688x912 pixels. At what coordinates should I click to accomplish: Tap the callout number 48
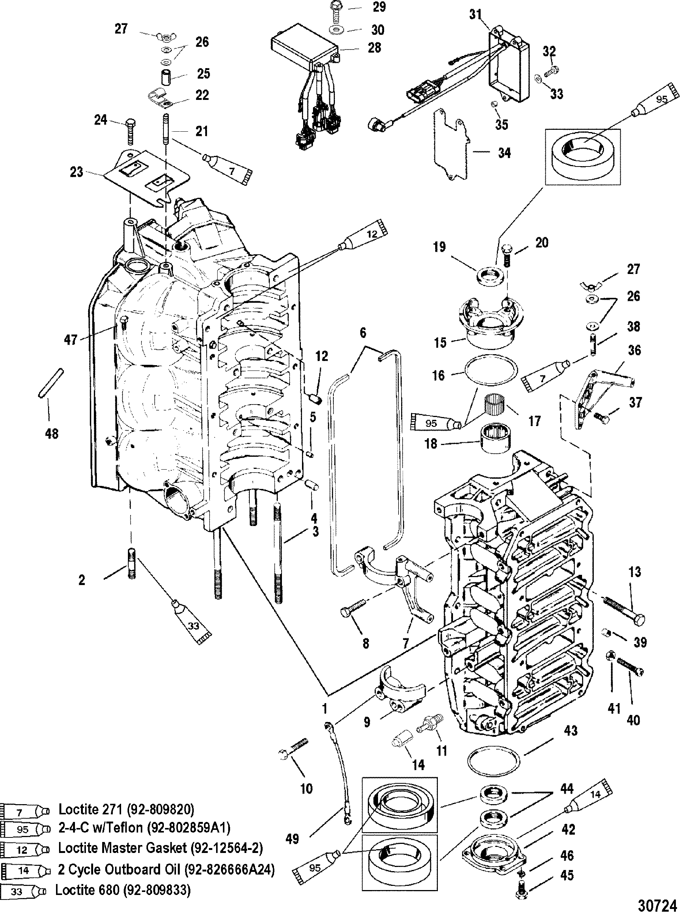click(x=51, y=433)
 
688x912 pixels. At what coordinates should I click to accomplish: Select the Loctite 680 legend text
click(x=123, y=890)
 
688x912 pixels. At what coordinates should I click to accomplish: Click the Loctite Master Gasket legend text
click(x=161, y=848)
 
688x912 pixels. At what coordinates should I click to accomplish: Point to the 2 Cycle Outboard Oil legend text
click(x=166, y=870)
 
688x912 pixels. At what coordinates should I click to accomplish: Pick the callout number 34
click(x=504, y=153)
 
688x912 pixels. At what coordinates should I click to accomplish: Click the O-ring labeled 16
click(x=490, y=369)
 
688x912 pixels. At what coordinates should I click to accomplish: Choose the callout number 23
click(x=77, y=172)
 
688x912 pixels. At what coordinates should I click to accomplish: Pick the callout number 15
click(x=440, y=342)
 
